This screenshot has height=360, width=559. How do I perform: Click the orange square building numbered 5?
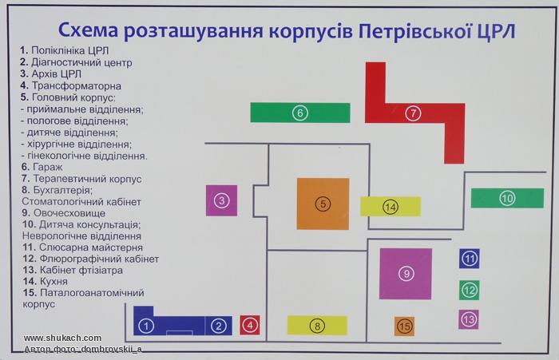click(x=323, y=204)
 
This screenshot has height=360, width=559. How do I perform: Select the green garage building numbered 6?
click(x=300, y=113)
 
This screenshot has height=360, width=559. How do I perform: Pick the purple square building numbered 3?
click(x=221, y=200)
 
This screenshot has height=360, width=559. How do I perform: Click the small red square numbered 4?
click(x=249, y=325)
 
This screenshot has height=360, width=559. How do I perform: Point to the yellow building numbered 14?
click(x=391, y=207)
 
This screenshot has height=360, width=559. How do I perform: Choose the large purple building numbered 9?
click(x=406, y=274)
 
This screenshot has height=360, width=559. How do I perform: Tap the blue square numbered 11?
click(x=470, y=259)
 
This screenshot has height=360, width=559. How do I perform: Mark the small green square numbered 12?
click(x=470, y=290)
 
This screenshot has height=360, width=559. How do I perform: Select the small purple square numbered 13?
click(x=469, y=319)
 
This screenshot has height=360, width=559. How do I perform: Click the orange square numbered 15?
click(x=404, y=326)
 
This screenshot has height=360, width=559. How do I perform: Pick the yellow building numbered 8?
click(x=317, y=326)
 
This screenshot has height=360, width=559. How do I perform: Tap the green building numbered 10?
click(x=507, y=198)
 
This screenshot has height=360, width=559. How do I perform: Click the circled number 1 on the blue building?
click(x=146, y=326)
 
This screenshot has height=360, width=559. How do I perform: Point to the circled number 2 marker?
click(x=219, y=326)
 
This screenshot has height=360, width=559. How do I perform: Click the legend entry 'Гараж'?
click(x=47, y=167)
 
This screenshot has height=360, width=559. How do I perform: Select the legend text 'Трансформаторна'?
click(x=77, y=86)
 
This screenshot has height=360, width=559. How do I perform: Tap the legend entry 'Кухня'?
click(x=54, y=281)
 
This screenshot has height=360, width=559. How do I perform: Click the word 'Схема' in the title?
click(x=88, y=30)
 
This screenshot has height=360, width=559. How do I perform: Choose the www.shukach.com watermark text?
click(x=62, y=338)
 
